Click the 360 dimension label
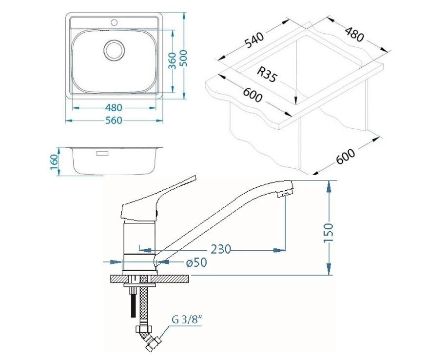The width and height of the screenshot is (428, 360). coord(172,60)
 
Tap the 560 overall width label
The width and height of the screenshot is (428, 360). coord(113,120)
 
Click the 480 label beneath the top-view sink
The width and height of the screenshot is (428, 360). coord(113,108)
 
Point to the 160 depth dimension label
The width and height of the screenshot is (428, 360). coord(55,160)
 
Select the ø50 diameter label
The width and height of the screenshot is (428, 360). coord(196,262)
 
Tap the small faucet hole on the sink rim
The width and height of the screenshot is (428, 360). coord(115,22)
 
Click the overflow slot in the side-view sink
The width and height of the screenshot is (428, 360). coord(103,153)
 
